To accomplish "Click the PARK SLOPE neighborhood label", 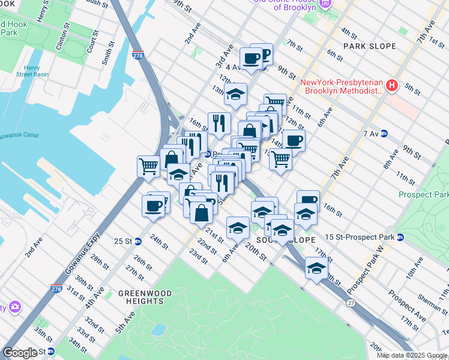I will [x=370, y=46].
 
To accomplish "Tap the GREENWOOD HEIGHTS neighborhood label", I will [x=145, y=298].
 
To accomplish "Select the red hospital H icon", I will [x=392, y=86].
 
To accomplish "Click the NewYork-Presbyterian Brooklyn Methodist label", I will [x=341, y=86].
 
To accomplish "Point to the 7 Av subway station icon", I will [x=384, y=133].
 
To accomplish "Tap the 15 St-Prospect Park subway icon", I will [x=400, y=238].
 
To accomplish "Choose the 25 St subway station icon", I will [x=138, y=242].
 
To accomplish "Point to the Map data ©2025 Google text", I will [x=412, y=355].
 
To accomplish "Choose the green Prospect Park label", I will [x=424, y=195].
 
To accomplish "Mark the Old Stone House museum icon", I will [x=325, y=4].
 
